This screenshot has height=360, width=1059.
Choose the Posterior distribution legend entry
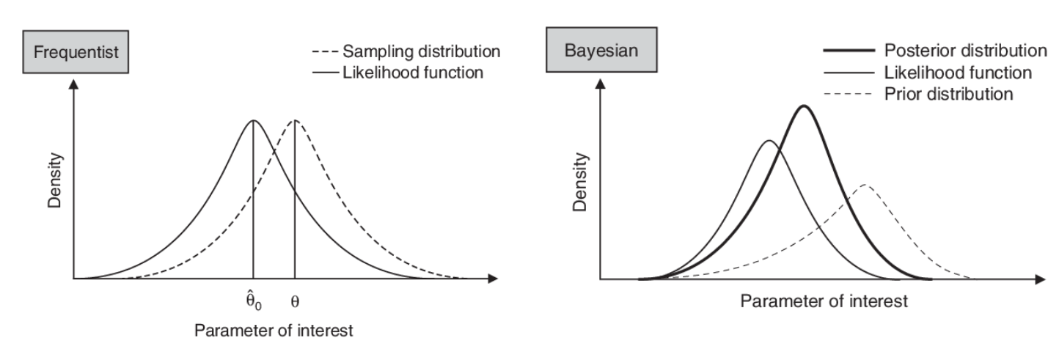click(x=965, y=51)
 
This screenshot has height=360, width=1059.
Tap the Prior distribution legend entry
click(x=949, y=94)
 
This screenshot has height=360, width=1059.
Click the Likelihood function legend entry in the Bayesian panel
click(x=959, y=73)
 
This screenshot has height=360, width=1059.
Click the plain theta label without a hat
click(x=295, y=301)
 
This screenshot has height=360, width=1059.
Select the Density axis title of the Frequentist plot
click(x=56, y=180)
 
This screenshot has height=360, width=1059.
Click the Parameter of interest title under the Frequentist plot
click(x=273, y=331)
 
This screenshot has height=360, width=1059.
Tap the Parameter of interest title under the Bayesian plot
click(x=824, y=301)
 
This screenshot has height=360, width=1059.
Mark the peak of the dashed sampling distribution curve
click(x=294, y=120)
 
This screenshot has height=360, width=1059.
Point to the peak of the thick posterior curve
click(x=805, y=106)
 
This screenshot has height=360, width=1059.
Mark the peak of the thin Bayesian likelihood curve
click(x=768, y=141)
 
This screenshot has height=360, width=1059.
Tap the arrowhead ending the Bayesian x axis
click(x=1040, y=279)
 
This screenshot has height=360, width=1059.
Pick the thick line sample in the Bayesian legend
click(x=849, y=51)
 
